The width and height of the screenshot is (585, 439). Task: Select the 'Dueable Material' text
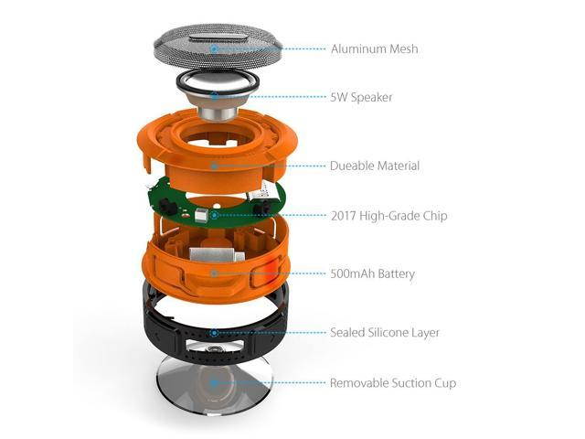click(375, 166)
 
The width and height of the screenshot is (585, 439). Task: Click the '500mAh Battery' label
click(373, 273)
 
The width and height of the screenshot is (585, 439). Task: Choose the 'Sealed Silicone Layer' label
click(385, 332)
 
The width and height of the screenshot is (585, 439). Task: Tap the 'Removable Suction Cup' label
click(393, 382)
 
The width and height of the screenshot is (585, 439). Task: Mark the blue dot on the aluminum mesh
click(213, 48)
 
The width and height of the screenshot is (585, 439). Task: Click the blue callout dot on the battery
click(213, 273)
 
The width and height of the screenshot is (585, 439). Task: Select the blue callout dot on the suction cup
click(213, 382)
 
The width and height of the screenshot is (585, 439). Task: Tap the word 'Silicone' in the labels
click(391, 332)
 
